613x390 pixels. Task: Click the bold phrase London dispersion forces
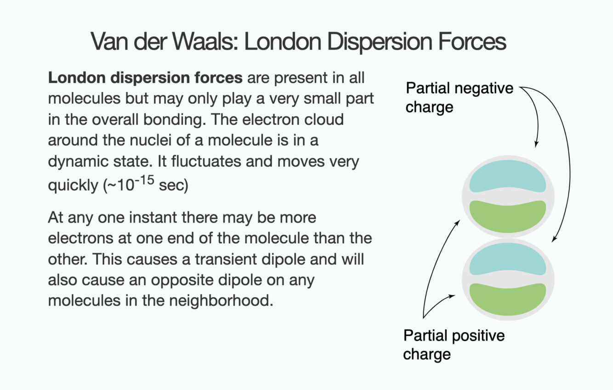pyautogui.click(x=145, y=78)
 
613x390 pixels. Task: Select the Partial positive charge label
pyautogui.click(x=453, y=345)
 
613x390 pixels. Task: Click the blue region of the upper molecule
pyautogui.click(x=508, y=176)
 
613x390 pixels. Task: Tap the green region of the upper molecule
pyautogui.click(x=508, y=216)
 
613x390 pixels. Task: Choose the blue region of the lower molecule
pyautogui.click(x=508, y=259)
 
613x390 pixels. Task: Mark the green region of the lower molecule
pyautogui.click(x=508, y=299)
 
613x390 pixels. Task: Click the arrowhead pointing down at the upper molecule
pyautogui.click(x=536, y=144)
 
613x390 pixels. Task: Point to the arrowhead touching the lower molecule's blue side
pyautogui.click(x=554, y=240)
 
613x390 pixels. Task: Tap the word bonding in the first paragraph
pyautogui.click(x=177, y=119)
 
